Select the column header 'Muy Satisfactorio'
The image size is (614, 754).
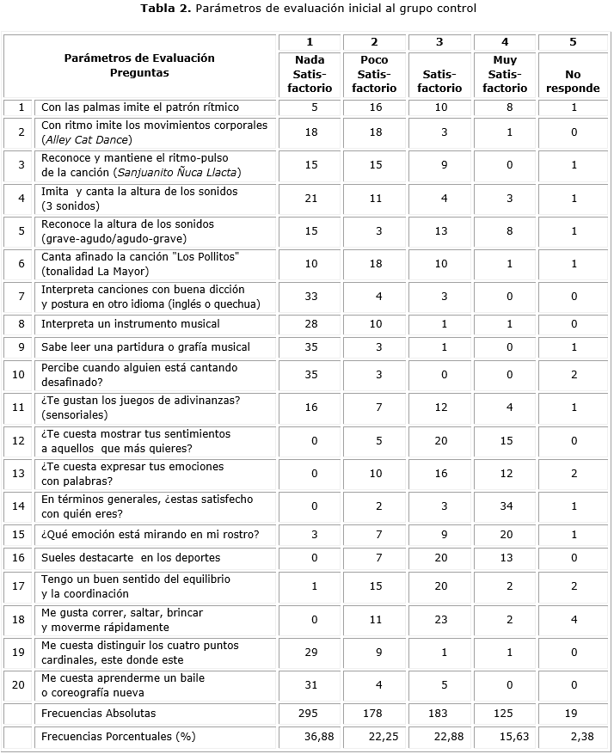click(505, 74)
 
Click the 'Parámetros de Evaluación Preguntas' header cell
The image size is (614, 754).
click(139, 65)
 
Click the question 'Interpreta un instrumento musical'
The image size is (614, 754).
click(131, 324)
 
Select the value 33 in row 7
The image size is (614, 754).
click(310, 297)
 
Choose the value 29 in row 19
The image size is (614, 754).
click(310, 652)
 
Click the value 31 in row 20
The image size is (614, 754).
click(310, 684)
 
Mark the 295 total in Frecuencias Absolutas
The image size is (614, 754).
click(310, 714)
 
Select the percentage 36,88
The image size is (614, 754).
click(317, 738)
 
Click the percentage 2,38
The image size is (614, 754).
click(580, 738)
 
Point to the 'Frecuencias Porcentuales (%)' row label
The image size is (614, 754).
click(117, 738)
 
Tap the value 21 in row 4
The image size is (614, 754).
click(310, 199)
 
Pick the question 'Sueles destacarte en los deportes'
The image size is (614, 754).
click(131, 559)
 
